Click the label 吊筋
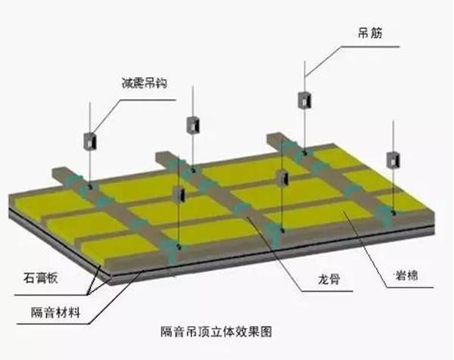(370, 33)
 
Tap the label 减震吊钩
(145, 83)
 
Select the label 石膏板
(41, 278)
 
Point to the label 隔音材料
(55, 312)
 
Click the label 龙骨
(328, 279)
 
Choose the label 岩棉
(406, 275)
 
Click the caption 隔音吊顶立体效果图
(216, 332)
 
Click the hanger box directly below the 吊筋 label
(305, 100)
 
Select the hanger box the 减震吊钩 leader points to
(90, 141)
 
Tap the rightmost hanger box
(393, 160)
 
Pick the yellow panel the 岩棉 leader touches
(319, 214)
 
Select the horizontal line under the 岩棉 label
(410, 287)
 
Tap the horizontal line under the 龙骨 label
(327, 291)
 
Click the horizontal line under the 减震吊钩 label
(148, 100)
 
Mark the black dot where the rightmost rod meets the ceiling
(393, 213)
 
